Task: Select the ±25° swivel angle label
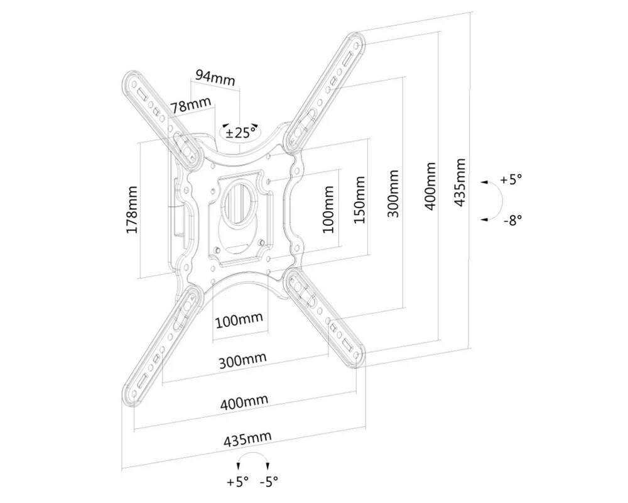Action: point(241,133)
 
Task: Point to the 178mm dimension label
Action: point(133,210)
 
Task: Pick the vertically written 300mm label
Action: point(392,192)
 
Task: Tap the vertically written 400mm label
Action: point(431,187)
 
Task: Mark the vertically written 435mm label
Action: point(460,182)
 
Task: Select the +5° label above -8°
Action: point(511,180)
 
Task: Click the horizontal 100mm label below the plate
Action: point(239,320)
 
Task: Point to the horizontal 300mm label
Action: point(242,362)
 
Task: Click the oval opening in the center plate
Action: point(240,201)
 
